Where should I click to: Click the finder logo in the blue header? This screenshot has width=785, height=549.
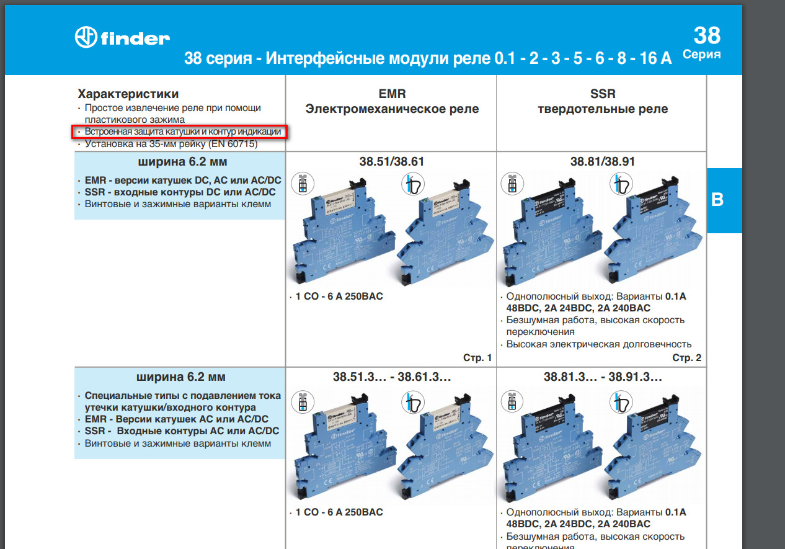[x=122, y=37]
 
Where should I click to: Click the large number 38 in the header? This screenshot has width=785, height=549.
[x=707, y=35]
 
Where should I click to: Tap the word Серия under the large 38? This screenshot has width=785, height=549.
[x=701, y=55]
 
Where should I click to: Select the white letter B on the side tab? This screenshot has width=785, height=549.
[x=717, y=200]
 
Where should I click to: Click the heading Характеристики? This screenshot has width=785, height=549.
[x=128, y=94]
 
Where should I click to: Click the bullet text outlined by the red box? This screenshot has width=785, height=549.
[x=183, y=132]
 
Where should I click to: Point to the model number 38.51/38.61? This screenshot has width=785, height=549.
[x=392, y=162]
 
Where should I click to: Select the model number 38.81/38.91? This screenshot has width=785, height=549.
[x=603, y=162]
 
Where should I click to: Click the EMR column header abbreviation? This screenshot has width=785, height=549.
[x=392, y=94]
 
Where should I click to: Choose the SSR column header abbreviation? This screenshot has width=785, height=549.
[x=603, y=94]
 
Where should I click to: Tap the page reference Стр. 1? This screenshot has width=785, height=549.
[x=477, y=357]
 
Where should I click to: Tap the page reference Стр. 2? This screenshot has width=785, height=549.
[x=686, y=357]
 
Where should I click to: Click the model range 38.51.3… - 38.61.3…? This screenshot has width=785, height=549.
[x=392, y=376]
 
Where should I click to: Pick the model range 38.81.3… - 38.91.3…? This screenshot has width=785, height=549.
[x=603, y=376]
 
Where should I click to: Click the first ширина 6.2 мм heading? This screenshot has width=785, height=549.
[x=180, y=163]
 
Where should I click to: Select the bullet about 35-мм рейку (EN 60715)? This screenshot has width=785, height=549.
[x=171, y=144]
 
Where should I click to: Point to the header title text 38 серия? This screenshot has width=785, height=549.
[x=218, y=59]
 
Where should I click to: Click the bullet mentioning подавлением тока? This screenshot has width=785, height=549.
[x=182, y=401]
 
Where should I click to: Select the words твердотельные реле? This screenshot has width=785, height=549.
[x=603, y=109]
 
